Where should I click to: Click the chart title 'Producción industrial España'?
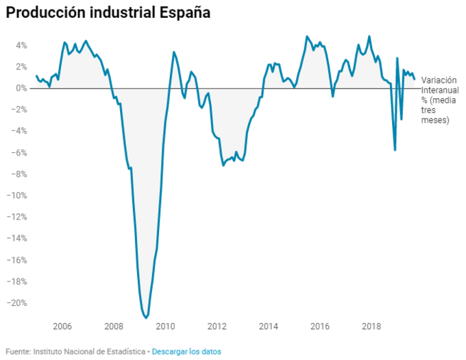click(108, 14)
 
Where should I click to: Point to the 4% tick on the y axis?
click(21, 45)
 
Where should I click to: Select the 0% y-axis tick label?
click(21, 88)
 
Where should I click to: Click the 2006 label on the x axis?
click(62, 326)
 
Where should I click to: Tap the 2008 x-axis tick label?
click(114, 326)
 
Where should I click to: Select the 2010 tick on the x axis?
click(165, 326)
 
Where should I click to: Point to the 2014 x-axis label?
click(269, 326)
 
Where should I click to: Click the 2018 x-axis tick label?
click(372, 326)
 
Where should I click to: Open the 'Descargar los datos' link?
click(186, 352)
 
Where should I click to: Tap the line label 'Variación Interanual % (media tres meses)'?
click(439, 100)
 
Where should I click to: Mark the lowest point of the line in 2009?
click(145, 317)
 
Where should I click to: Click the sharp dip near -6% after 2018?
click(395, 149)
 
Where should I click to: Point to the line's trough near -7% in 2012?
click(223, 165)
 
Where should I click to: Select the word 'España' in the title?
click(183, 14)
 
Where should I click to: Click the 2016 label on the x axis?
click(320, 326)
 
